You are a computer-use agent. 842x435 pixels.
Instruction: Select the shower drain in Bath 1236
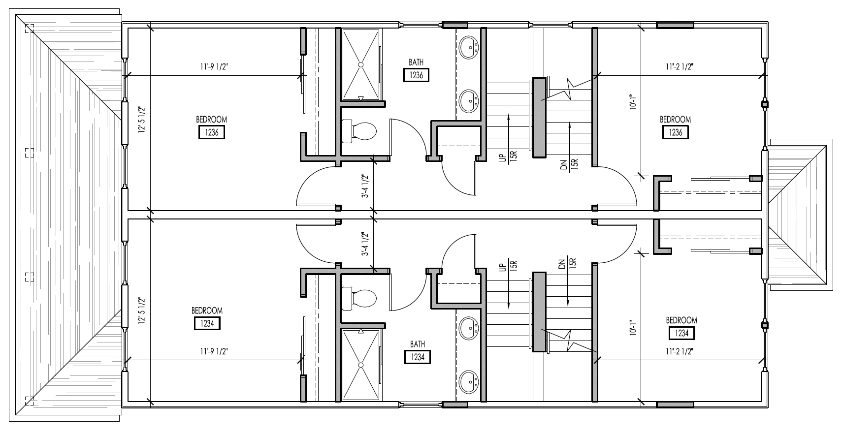(361, 64)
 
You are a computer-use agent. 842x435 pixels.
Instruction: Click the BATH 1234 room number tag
(417, 357)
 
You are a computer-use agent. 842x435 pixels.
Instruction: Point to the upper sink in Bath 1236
(470, 49)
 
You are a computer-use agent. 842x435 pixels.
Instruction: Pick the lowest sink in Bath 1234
(470, 381)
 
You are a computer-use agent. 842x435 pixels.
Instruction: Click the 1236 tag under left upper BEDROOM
(212, 132)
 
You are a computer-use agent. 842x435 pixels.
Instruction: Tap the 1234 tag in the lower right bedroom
(681, 333)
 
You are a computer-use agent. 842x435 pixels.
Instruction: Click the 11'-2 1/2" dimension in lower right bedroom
(680, 351)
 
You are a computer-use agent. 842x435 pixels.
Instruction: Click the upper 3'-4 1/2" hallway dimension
(365, 186)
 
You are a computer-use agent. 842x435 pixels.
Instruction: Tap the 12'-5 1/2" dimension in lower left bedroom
(141, 311)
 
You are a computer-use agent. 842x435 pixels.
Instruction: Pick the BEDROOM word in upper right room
(675, 120)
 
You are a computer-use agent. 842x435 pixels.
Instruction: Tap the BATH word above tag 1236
(416, 62)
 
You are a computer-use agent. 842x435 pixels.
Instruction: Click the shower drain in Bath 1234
(361, 365)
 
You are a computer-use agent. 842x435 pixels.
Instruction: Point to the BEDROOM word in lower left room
(207, 311)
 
